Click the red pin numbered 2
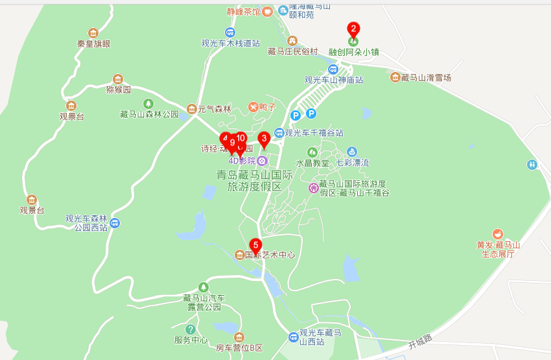click(353, 30)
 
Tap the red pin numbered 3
click(264, 139)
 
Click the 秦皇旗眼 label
click(93, 44)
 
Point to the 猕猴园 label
click(118, 90)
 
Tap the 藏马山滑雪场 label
click(425, 78)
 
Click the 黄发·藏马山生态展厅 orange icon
click(497, 234)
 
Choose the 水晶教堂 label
click(312, 163)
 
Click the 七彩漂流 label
click(352, 163)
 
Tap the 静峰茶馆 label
click(243, 12)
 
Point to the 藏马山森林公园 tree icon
click(148, 103)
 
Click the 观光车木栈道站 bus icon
click(230, 32)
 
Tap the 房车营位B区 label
click(239, 348)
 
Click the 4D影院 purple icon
click(262, 160)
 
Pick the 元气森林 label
click(215, 109)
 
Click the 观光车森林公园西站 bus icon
click(115, 223)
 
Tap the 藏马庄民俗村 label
click(293, 51)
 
